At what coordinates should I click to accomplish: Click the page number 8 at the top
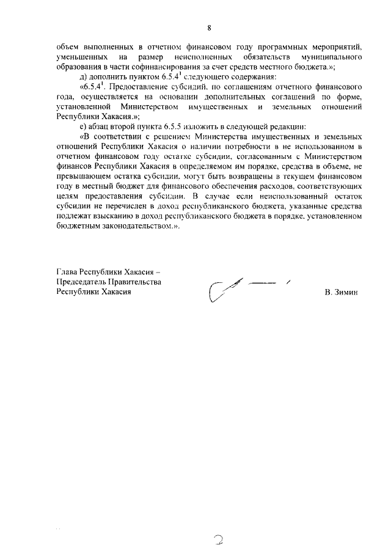(209, 27)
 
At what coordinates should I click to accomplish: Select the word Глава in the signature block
(68, 271)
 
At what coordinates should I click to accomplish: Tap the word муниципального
(327, 57)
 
